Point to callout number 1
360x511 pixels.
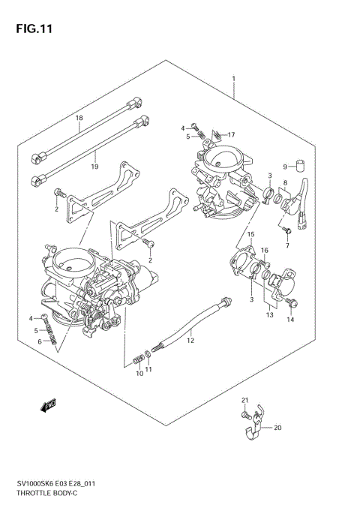tap(234, 79)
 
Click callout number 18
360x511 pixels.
tap(79, 119)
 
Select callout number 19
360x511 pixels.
tap(94, 166)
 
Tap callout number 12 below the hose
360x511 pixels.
tap(190, 341)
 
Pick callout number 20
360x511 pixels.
tap(277, 428)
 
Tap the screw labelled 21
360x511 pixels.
tap(245, 414)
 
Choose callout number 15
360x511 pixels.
tap(252, 235)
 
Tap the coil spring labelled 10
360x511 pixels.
tap(138, 359)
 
